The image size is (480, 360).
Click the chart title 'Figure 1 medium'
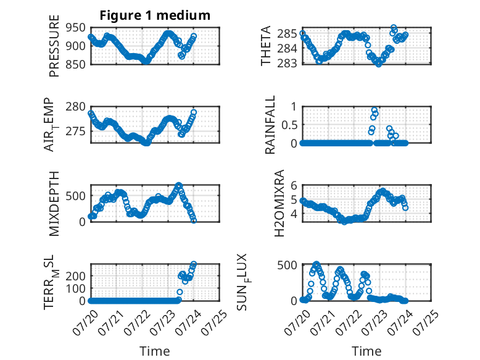pyautogui.click(x=155, y=15)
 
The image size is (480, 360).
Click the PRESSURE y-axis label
pyautogui.click(x=54, y=46)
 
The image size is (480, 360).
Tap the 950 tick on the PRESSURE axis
pyautogui.click(x=76, y=28)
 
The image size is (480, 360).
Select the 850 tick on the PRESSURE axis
pyautogui.click(x=76, y=64)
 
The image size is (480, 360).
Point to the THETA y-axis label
pyautogui.click(x=266, y=46)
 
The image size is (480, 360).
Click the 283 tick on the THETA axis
pyautogui.click(x=287, y=63)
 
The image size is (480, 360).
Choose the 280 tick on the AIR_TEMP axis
pyautogui.click(x=76, y=107)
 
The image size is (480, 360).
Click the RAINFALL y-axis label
pyautogui.click(x=270, y=125)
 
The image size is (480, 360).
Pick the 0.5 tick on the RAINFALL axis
pyautogui.click(x=289, y=125)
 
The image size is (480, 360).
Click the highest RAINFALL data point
pyautogui.click(x=374, y=110)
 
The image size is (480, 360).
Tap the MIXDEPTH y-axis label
pyautogui.click(x=54, y=204)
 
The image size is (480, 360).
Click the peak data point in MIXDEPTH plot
pyautogui.click(x=179, y=185)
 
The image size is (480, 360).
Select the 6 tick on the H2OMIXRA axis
pyautogui.click(x=294, y=185)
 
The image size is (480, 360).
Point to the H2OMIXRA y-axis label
pyautogui.click(x=279, y=203)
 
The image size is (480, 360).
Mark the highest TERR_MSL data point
pyautogui.click(x=194, y=264)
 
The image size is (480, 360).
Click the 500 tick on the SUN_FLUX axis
pyautogui.click(x=287, y=265)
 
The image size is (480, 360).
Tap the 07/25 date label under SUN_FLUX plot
pyautogui.click(x=426, y=322)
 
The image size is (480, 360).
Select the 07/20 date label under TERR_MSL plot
pyautogui.click(x=85, y=322)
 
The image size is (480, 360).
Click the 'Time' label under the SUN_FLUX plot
pyautogui.click(x=366, y=351)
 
